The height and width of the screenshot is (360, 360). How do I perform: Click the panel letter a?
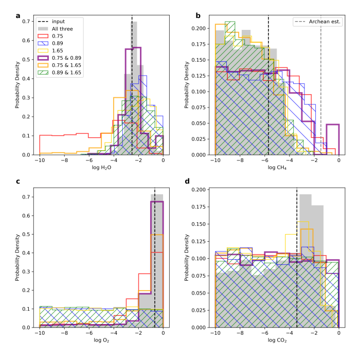18,15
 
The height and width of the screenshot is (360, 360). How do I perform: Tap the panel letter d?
194,182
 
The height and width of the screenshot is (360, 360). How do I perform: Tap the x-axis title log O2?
101,341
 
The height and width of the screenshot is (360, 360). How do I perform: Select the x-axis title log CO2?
277,341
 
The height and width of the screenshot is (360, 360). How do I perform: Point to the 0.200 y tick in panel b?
200,28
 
